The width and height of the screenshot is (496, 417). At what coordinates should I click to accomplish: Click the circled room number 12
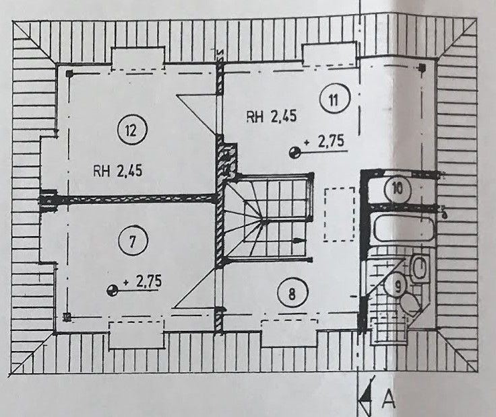tap(131, 130)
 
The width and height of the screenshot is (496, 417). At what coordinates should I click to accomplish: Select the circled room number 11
tap(335, 100)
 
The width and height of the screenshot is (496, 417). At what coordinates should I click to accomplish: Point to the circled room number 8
tap(292, 293)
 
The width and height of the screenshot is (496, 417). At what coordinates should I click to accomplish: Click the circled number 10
tap(398, 189)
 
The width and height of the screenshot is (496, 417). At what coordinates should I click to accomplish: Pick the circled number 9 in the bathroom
tap(398, 286)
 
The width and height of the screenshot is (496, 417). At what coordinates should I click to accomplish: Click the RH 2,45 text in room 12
tap(118, 172)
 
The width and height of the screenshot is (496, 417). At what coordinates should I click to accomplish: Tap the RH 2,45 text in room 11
tap(272, 117)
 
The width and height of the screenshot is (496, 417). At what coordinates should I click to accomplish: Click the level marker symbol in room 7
tap(112, 291)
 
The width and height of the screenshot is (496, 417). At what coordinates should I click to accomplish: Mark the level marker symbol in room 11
tap(294, 153)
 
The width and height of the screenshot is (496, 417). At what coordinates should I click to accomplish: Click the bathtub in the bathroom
tap(404, 228)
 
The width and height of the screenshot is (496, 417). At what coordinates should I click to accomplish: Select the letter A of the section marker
tap(388, 399)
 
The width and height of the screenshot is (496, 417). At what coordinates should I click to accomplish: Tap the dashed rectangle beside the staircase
tap(340, 215)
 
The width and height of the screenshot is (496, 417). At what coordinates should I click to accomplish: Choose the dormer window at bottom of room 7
tap(136, 335)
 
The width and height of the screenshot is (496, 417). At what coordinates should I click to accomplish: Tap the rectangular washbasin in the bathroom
tap(420, 268)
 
